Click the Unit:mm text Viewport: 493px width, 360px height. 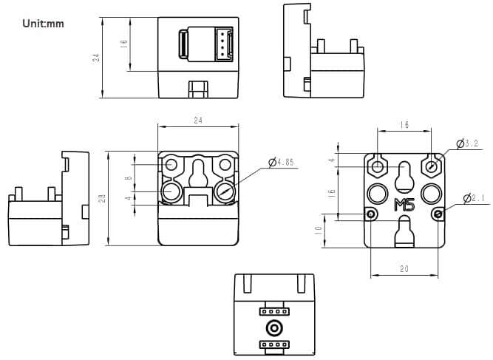pyautogui.click(x=44, y=24)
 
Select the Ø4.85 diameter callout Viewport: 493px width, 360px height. pyautogui.click(x=281, y=162)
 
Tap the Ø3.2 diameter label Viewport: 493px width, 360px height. pyautogui.click(x=469, y=143)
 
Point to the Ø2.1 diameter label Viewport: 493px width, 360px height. pyautogui.click(x=475, y=198)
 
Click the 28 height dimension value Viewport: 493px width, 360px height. pyautogui.click(x=101, y=198)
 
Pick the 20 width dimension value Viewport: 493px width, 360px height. pyautogui.click(x=404, y=270)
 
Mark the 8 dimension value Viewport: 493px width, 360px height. pyautogui.click(x=129, y=177)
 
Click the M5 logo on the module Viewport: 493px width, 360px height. pyautogui.click(x=404, y=205)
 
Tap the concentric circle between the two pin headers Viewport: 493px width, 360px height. pyautogui.click(x=273, y=328)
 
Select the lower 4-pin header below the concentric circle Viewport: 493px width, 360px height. pyautogui.click(x=273, y=344)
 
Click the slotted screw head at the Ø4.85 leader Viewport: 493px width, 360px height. pyautogui.click(x=225, y=192)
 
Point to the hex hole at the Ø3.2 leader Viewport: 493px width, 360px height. pyautogui.click(x=431, y=167)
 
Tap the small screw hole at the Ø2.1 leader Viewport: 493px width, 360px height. pyautogui.click(x=438, y=214)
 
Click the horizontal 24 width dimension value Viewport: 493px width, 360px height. pyautogui.click(x=197, y=120)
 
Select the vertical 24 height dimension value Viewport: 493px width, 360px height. pyautogui.click(x=96, y=56)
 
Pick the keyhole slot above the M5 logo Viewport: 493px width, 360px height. pyautogui.click(x=404, y=177)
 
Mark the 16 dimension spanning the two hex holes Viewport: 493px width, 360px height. pyautogui.click(x=404, y=126)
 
